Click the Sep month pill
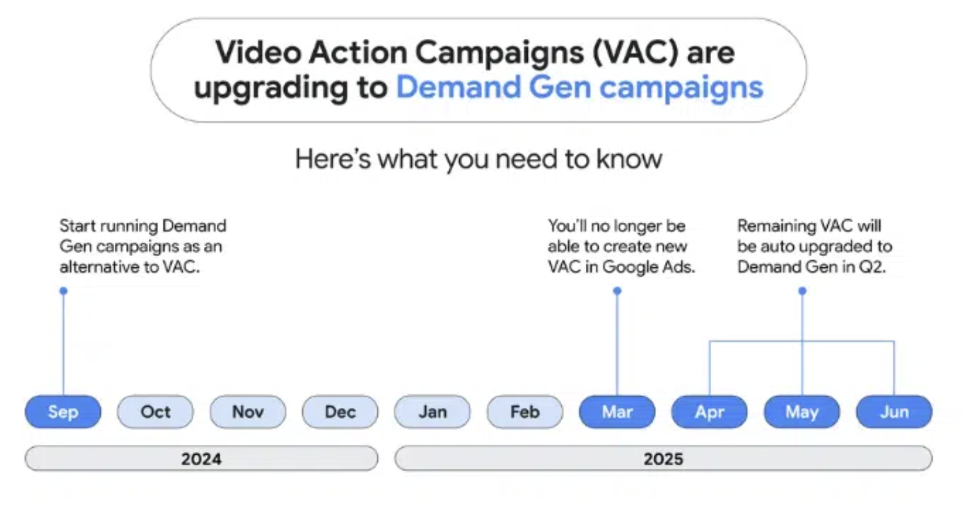tap(63, 412)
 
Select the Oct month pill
tap(155, 412)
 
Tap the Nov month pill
tap(248, 412)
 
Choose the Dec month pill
tap(340, 412)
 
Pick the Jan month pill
tap(433, 412)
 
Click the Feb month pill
tap(525, 412)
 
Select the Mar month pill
tap(617, 412)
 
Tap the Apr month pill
tap(709, 412)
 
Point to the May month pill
tap(802, 412)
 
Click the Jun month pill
tap(894, 412)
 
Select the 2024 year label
tap(201, 458)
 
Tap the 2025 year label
tap(664, 458)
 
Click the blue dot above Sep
tap(64, 291)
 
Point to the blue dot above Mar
tap(617, 291)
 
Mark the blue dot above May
tap(802, 291)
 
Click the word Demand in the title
tap(458, 87)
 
